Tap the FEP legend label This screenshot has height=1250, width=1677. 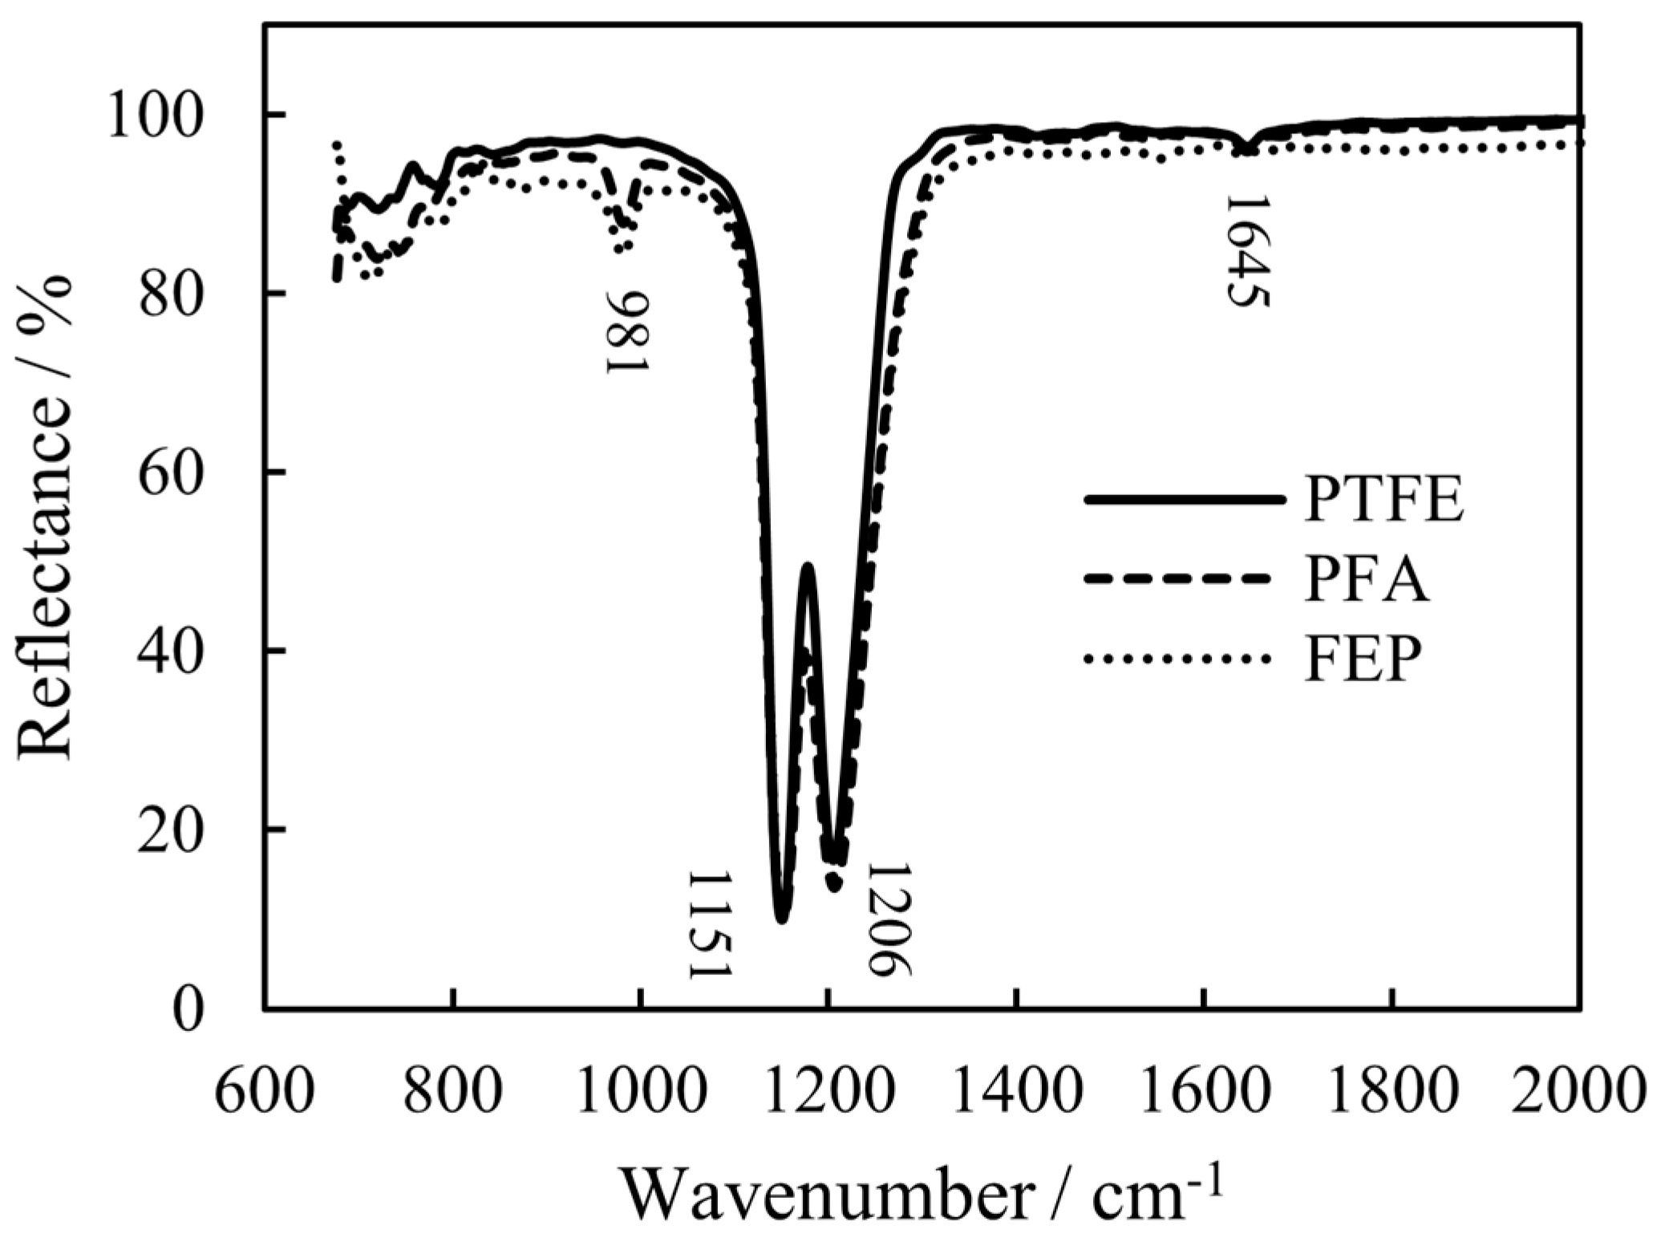coord(1363,659)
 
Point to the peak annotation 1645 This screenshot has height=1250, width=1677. coord(1246,250)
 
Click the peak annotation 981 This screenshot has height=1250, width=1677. coord(626,331)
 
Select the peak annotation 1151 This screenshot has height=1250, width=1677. coord(711,923)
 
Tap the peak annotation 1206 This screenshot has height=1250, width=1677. coord(890,919)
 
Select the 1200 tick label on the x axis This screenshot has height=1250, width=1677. coord(828,1086)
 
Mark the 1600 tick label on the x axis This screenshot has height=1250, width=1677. coord(1204,1086)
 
